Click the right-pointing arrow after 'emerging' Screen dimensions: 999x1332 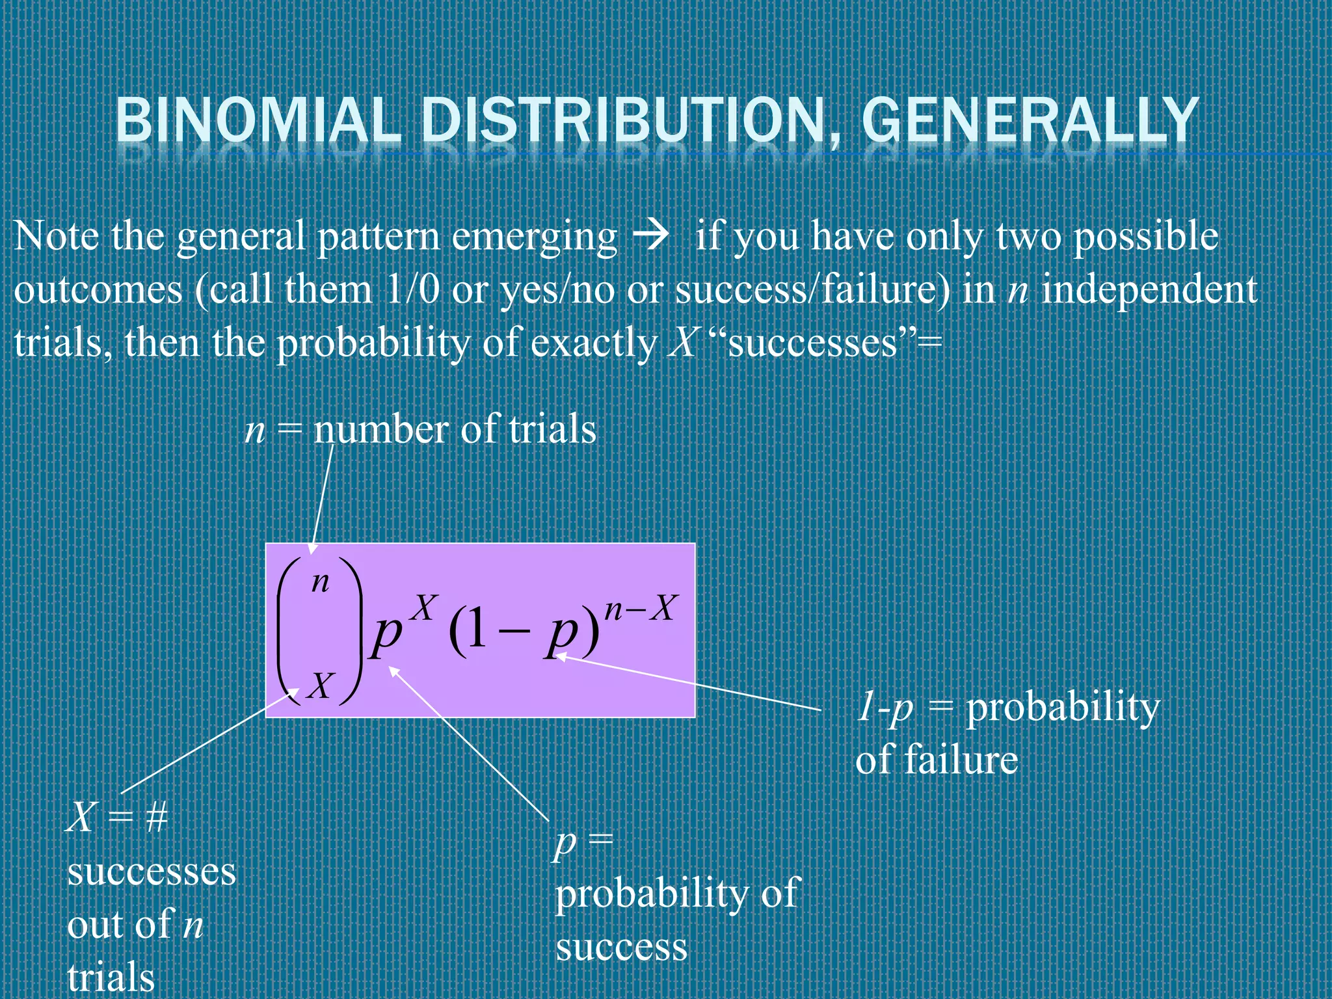pyautogui.click(x=651, y=235)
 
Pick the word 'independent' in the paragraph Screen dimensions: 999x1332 pyautogui.click(x=1149, y=289)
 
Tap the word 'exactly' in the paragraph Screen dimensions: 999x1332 pyautogui.click(x=593, y=343)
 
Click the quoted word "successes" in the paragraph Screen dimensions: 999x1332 pyautogui.click(x=813, y=343)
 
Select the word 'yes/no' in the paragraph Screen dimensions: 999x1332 pyautogui.click(x=557, y=291)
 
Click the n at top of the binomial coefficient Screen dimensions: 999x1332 pyautogui.click(x=320, y=581)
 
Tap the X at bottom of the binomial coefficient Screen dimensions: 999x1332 pyautogui.click(x=321, y=686)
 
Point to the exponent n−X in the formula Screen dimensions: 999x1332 pyautogui.click(x=641, y=609)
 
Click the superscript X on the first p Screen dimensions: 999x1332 pyautogui.click(x=424, y=609)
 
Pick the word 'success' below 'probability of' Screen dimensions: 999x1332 pyautogui.click(x=621, y=947)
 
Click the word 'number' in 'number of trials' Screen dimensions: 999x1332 pyautogui.click(x=381, y=429)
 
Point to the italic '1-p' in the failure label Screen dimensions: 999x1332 pyautogui.click(x=885, y=708)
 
